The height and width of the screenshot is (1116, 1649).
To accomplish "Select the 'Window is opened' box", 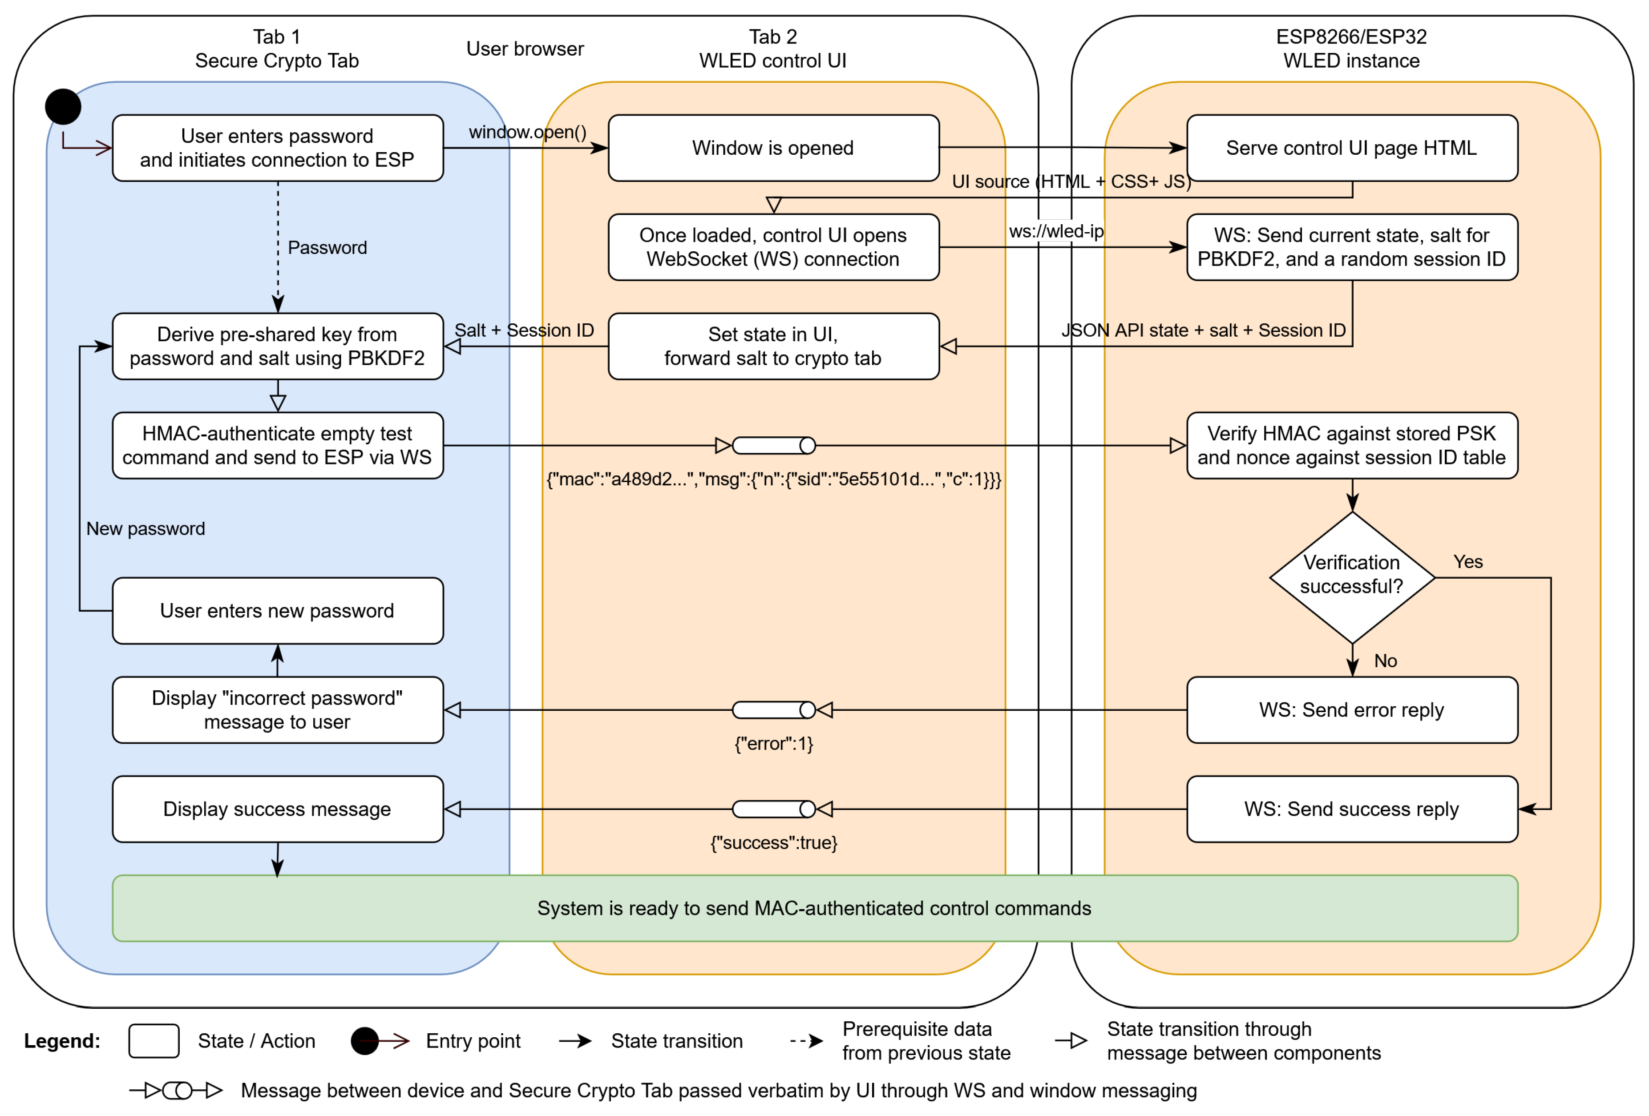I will pyautogui.click(x=773, y=148).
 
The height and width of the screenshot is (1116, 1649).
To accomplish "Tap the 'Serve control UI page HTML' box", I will pyautogui.click(x=1352, y=148).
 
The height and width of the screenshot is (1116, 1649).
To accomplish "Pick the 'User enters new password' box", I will pyautogui.click(x=278, y=610).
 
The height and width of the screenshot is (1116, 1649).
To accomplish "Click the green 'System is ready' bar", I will pyautogui.click(x=815, y=908).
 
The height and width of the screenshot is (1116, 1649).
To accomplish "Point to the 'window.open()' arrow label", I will pyautogui.click(x=527, y=132).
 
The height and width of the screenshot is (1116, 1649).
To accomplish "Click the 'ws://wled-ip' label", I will pyautogui.click(x=1056, y=231).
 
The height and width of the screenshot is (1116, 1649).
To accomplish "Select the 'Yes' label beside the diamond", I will pyautogui.click(x=1467, y=561).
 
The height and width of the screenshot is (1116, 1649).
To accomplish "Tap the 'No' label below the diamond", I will pyautogui.click(x=1385, y=661).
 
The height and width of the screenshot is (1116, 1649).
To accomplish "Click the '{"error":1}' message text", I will pyautogui.click(x=773, y=744).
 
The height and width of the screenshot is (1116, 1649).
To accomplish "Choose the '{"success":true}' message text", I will pyautogui.click(x=773, y=843).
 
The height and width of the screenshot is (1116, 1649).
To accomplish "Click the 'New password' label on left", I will pyautogui.click(x=145, y=528).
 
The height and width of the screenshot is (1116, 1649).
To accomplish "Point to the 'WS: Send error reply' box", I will pyautogui.click(x=1352, y=709).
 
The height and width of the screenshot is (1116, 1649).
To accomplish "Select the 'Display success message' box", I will pyautogui.click(x=278, y=809).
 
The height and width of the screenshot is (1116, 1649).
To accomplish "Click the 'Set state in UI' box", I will pyautogui.click(x=773, y=346).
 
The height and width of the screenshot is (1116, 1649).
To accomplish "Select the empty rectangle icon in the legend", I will pyautogui.click(x=153, y=1041).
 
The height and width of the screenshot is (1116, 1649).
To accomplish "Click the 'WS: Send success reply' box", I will pyautogui.click(x=1352, y=809).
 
